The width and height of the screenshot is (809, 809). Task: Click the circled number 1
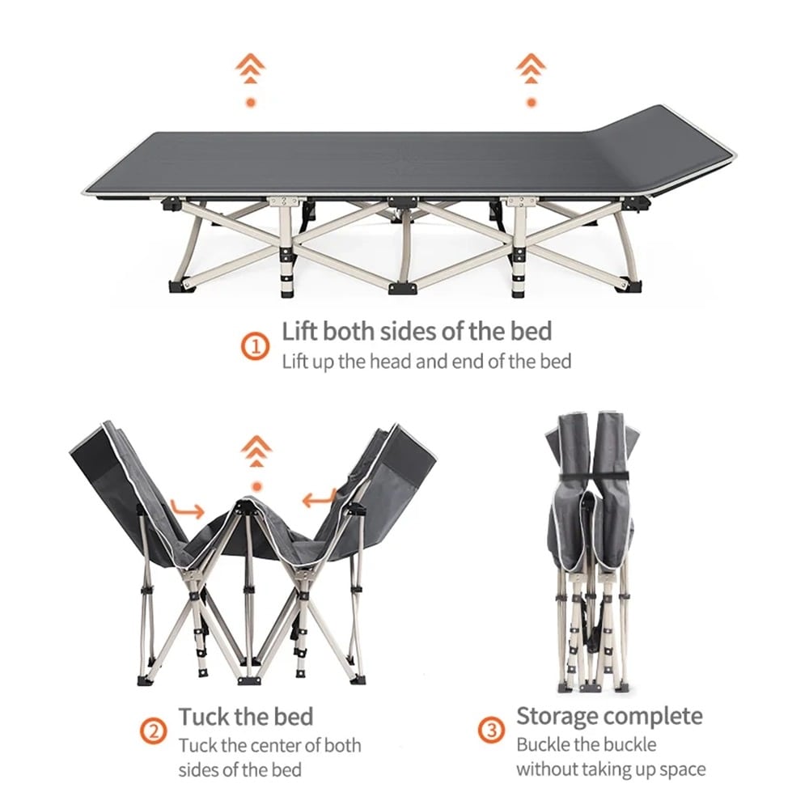[x=256, y=346]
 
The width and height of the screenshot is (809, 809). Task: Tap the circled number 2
[x=153, y=731]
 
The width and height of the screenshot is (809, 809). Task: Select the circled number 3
[x=492, y=731]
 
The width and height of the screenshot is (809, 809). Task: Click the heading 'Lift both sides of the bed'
[x=417, y=331]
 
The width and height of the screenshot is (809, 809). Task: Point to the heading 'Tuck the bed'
[x=246, y=717]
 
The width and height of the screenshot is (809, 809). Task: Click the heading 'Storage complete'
[x=609, y=716]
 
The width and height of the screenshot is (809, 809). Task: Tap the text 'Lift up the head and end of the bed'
[x=426, y=362]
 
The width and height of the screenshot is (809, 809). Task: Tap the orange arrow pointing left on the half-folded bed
[x=320, y=498]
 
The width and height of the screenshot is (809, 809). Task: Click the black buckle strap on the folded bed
[x=595, y=475]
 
